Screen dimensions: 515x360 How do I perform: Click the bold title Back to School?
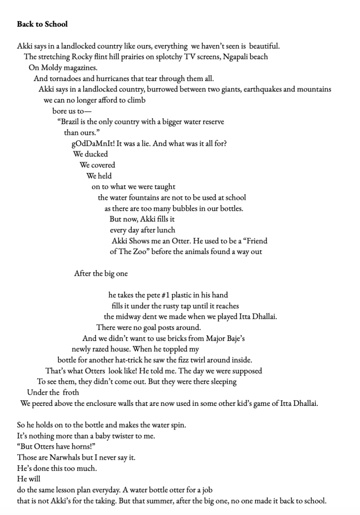click(x=42, y=24)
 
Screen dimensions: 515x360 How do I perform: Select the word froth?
click(x=69, y=392)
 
